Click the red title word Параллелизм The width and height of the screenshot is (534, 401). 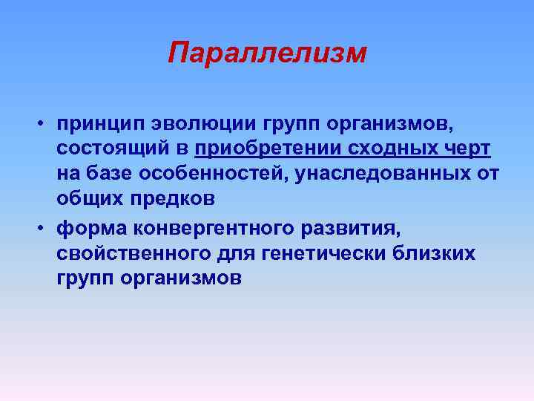(x=267, y=53)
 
